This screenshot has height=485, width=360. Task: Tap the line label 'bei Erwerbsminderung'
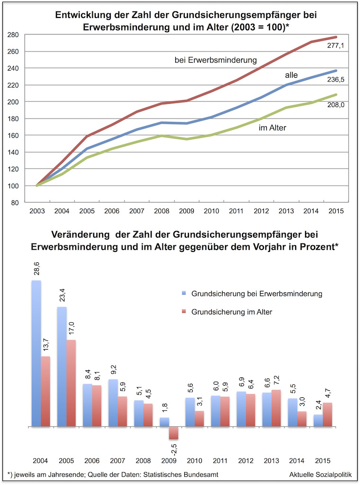tap(216, 60)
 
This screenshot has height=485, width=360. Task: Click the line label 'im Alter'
tap(273, 127)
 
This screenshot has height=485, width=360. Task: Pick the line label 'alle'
tap(291, 75)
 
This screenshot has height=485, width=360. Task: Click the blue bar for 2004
tap(36, 353)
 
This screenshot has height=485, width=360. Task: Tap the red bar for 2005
tap(71, 383)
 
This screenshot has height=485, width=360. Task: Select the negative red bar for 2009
tap(174, 433)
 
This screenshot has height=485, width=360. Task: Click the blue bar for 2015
tap(318, 421)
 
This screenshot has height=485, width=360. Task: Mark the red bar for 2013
tap(276, 408)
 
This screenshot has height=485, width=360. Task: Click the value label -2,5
tap(173, 448)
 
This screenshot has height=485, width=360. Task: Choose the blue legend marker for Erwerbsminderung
tap(184, 294)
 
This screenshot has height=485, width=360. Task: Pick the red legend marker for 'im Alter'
tap(184, 312)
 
